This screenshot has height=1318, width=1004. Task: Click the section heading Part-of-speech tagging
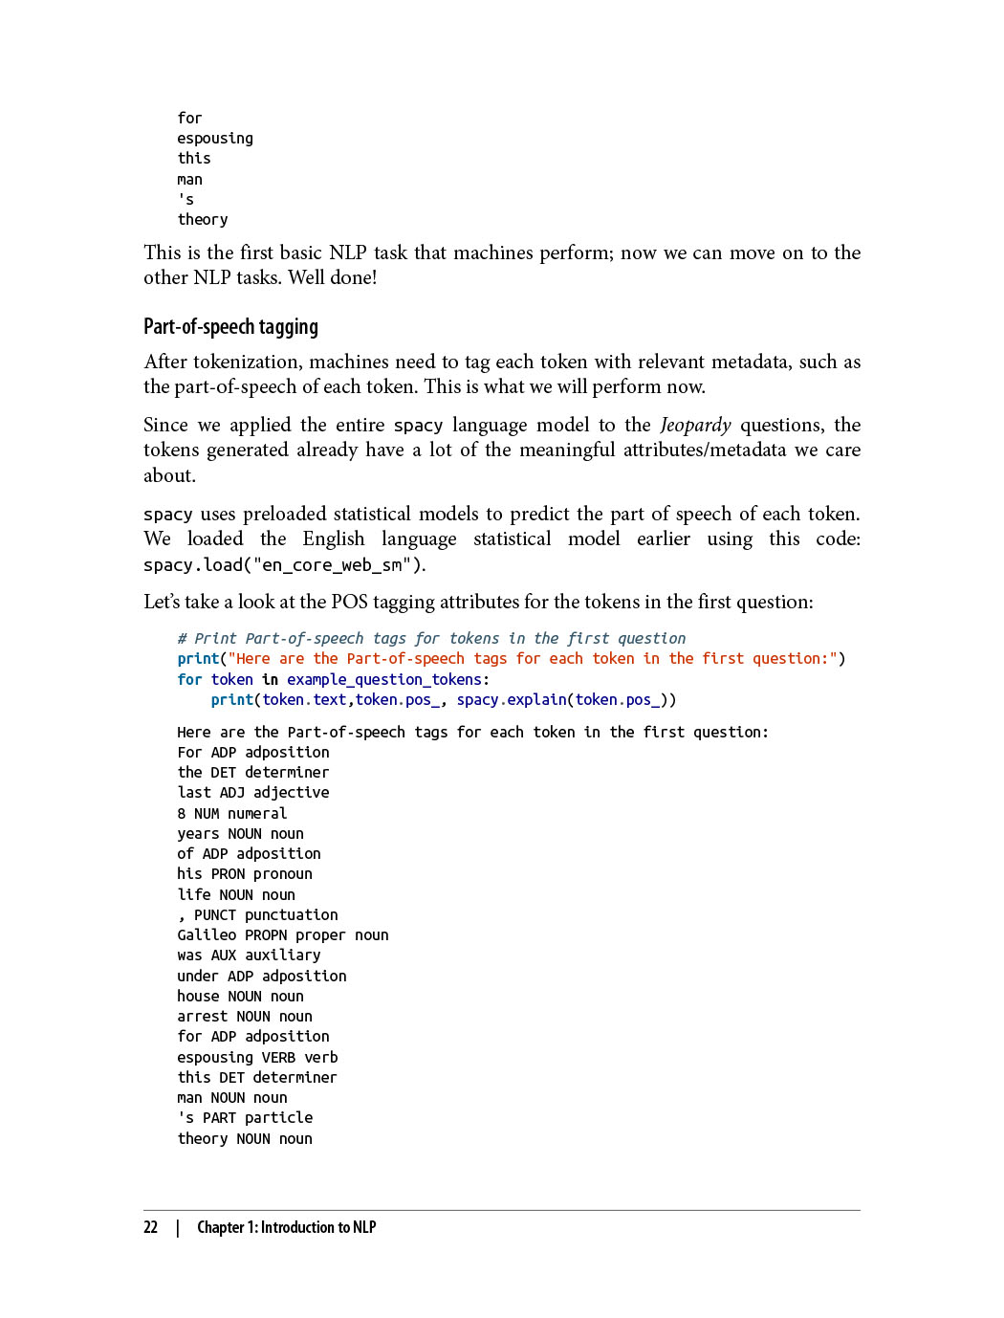[x=230, y=327]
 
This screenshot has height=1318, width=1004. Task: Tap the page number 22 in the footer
[x=150, y=1227]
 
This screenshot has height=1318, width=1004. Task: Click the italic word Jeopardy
[x=695, y=425]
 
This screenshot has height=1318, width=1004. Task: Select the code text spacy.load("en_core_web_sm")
[x=282, y=564]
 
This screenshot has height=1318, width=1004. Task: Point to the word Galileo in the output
[x=207, y=934]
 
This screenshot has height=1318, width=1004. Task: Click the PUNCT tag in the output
[x=215, y=914]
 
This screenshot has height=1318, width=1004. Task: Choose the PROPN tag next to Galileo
[x=266, y=934]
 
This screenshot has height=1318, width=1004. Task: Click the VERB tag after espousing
[x=278, y=1057]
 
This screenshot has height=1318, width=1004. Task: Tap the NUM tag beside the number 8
[x=207, y=813]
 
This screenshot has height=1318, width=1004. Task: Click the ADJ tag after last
[x=232, y=792]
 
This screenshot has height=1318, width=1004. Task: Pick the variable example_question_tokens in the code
[x=384, y=679]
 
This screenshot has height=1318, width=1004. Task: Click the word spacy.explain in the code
[x=512, y=699]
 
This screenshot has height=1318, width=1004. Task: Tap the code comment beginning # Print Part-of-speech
[x=431, y=638]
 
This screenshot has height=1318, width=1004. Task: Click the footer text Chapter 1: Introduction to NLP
[x=286, y=1227]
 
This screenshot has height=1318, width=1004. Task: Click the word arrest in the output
[x=203, y=1016]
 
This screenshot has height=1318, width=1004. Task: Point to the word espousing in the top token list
[x=215, y=138]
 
